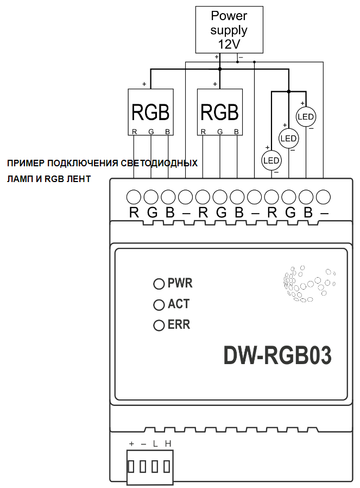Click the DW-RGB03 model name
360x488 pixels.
tap(277, 355)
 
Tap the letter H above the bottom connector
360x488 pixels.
tap(168, 443)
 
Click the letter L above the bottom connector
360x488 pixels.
tap(155, 443)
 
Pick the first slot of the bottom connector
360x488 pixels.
tap(131, 467)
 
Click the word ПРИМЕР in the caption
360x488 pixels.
tap(26, 164)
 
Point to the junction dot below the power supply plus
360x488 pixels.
tap(220, 69)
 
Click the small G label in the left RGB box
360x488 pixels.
tap(151, 132)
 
